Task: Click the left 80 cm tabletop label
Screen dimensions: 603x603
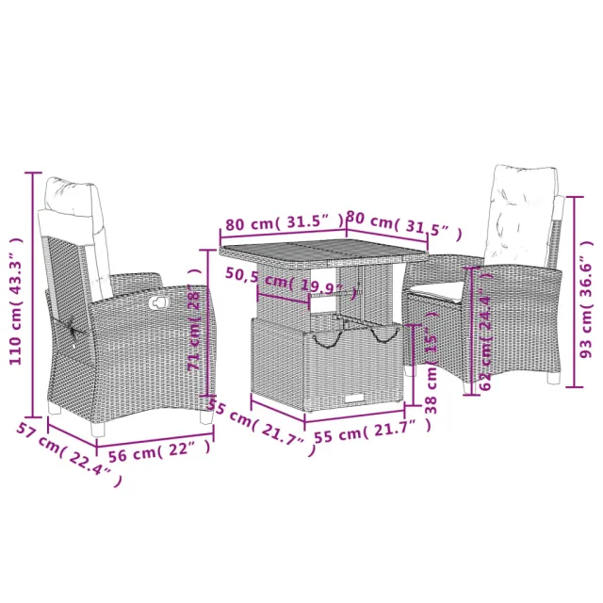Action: (x=281, y=222)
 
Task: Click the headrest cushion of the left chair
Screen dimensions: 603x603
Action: (x=72, y=200)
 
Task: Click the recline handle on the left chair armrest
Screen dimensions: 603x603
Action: (x=157, y=302)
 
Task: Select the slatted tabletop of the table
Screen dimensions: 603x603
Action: (x=322, y=251)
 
